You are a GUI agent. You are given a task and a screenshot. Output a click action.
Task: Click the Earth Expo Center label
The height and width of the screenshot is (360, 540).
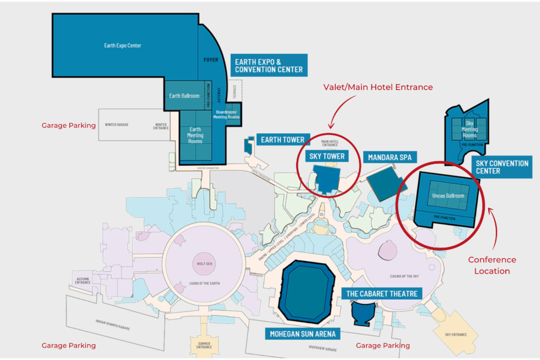click(123, 45)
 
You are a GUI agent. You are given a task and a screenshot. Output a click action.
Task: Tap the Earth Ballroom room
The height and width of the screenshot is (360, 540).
click(184, 96)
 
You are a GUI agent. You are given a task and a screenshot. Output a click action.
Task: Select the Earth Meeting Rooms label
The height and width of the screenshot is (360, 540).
click(195, 135)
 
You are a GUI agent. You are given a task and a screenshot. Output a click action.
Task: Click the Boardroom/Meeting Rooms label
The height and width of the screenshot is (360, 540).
click(227, 114)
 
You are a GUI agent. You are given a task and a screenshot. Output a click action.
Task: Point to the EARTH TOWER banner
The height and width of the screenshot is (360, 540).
click(283, 140)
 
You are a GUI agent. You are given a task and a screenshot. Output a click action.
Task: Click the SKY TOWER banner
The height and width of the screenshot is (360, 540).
click(327, 157)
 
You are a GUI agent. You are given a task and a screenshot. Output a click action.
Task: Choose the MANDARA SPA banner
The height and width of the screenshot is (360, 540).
click(390, 157)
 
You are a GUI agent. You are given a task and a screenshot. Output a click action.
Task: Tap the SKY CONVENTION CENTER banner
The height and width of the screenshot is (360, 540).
click(502, 167)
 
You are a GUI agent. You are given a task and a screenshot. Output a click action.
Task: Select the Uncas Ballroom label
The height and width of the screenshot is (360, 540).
click(448, 196)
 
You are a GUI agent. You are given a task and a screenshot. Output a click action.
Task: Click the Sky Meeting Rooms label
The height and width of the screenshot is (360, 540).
click(469, 129)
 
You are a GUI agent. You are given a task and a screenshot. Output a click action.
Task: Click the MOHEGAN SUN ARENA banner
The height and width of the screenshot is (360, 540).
click(302, 334)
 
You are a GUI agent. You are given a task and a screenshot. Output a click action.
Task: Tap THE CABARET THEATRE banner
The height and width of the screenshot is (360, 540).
click(382, 294)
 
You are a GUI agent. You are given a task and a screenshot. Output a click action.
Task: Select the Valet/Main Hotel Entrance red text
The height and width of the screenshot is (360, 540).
click(378, 87)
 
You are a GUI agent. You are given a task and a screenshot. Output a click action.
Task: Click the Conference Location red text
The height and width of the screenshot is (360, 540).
click(492, 265)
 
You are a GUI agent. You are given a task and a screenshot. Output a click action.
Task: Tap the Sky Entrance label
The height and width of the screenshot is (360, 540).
click(455, 334)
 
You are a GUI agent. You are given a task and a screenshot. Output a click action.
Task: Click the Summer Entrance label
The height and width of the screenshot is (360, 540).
click(204, 345)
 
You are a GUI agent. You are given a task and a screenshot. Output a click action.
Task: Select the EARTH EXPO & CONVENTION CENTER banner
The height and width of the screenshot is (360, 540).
click(269, 65)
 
